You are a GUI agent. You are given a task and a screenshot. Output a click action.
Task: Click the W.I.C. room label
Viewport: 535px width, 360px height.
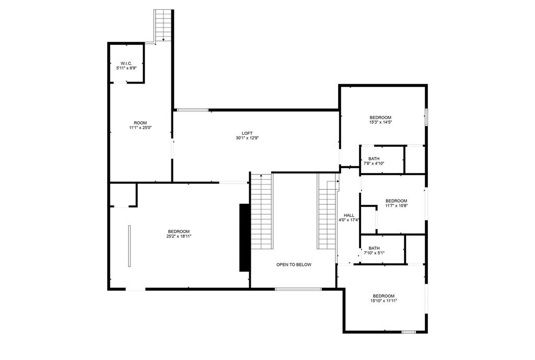click(126, 63)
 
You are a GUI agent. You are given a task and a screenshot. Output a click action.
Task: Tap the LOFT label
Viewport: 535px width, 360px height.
click(247, 133)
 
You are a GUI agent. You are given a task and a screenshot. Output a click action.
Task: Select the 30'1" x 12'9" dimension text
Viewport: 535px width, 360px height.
click(247, 138)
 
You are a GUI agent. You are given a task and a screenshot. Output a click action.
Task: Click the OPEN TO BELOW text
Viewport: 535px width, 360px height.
click(294, 265)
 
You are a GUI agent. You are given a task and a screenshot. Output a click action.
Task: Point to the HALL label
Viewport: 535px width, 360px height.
click(349, 215)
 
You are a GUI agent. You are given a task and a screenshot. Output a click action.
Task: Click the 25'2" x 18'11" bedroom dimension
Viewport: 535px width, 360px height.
click(179, 236)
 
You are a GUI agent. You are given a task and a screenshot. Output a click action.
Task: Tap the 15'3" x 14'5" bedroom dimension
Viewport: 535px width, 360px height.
click(380, 122)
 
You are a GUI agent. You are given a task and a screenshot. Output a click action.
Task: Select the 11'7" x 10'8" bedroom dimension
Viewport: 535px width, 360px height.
click(396, 205)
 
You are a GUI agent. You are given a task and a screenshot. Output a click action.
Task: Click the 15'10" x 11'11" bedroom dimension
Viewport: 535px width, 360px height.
click(383, 300)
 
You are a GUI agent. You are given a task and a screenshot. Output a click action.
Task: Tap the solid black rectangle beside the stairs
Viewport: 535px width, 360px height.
click(244, 237)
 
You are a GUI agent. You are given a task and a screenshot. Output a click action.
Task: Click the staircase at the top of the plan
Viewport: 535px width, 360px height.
click(164, 26)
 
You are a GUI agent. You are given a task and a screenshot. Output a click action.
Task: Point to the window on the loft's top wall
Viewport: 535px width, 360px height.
click(192, 110)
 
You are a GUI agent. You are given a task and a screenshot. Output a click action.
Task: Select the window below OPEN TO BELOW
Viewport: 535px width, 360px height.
click(298, 288)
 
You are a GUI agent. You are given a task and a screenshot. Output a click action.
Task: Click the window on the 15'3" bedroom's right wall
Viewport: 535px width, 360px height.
click(426, 117)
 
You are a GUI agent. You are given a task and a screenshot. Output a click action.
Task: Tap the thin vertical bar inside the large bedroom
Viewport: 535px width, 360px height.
click(129, 246)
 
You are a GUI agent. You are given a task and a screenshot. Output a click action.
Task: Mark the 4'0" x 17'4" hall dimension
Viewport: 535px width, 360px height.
click(349, 220)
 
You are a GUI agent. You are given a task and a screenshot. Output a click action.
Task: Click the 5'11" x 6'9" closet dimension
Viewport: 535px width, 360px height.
click(126, 68)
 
